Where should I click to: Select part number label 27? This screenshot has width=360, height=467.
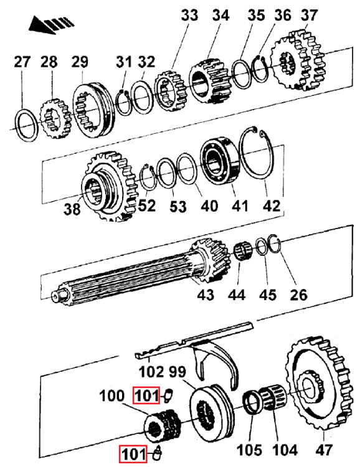click(x=22, y=62)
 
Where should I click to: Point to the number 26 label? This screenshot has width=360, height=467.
click(x=298, y=294)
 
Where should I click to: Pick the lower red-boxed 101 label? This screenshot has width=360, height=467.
click(x=135, y=454)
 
